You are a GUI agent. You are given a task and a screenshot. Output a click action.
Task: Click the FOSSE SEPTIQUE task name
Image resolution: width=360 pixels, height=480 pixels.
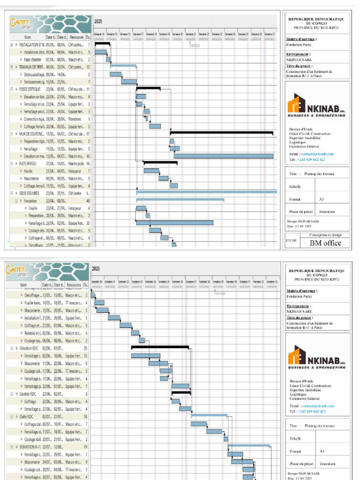pos(30,89)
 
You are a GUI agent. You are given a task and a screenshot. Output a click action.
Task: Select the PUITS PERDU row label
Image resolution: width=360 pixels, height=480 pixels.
pos(28,164)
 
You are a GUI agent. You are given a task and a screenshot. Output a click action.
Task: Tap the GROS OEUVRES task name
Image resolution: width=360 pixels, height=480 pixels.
pos(29,193)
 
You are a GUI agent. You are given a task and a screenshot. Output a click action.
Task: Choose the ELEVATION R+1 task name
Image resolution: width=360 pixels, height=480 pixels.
pos(32,447)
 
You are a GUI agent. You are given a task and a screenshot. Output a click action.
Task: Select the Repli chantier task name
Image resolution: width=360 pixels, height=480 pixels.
pos(34,60)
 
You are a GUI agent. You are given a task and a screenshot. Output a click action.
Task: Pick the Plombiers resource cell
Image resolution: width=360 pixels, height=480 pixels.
pos(75,119)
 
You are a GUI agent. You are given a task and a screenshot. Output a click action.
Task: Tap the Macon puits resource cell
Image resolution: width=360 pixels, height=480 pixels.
pos(76,164)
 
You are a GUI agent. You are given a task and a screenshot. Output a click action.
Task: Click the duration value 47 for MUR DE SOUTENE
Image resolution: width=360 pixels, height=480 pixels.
pos(88,134)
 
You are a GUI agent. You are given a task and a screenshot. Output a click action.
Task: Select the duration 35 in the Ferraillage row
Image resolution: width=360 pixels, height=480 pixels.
pos(88,223)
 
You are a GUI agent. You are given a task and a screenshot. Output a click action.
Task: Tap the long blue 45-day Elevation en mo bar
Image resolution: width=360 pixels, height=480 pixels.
pos(223,156)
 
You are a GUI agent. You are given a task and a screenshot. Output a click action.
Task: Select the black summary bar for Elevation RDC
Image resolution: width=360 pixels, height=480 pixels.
pos(160,347)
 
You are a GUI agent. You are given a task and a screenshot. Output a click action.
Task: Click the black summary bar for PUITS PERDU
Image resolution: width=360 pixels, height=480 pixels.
pos(160,163)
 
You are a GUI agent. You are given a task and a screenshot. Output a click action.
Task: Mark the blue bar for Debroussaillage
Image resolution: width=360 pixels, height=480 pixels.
pos(115,74)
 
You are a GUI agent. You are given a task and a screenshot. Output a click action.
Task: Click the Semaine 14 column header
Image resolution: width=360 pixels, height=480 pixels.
pos(99,34)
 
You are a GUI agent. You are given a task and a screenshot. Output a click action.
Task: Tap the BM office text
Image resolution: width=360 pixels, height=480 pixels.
pos(325,243)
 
